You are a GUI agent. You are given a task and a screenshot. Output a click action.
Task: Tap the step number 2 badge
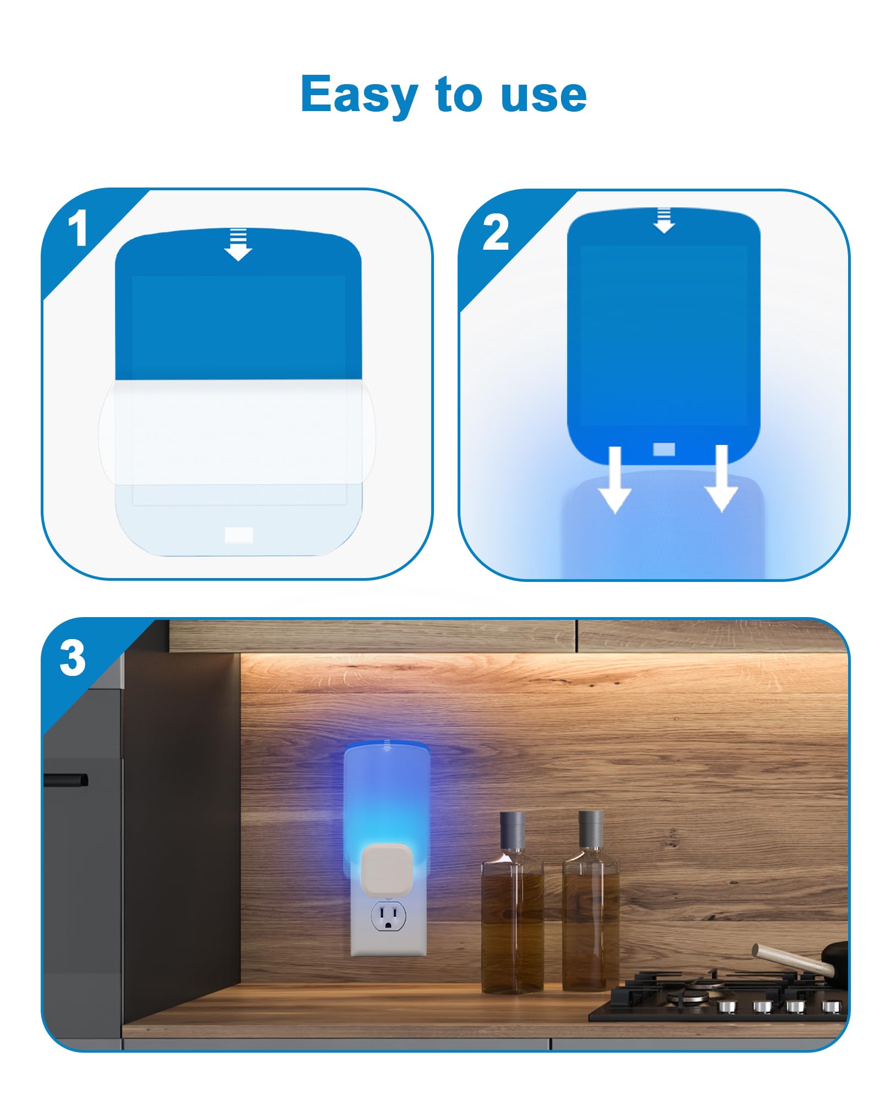495,233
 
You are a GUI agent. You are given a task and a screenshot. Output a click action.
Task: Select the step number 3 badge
73,658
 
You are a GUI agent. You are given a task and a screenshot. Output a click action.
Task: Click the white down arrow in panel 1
238,245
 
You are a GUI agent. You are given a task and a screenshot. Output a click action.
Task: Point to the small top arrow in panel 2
664,221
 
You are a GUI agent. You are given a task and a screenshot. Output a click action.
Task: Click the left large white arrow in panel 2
615,480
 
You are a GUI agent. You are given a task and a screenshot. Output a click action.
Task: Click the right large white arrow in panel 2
722,479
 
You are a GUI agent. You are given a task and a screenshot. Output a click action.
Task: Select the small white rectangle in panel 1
239,535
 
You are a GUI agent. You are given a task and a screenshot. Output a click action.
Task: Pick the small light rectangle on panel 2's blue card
664,449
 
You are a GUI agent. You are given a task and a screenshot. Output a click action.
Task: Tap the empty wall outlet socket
388,917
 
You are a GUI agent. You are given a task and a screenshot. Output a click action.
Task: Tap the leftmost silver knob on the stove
727,1007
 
